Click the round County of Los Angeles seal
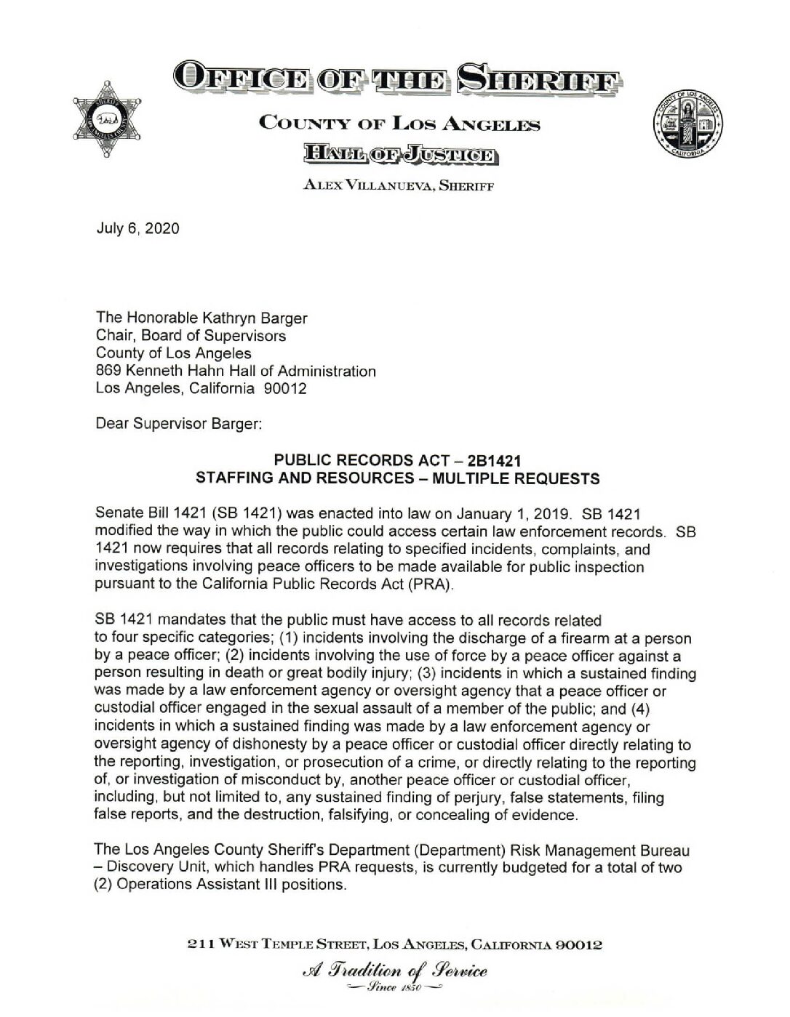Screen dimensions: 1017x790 tap(688, 124)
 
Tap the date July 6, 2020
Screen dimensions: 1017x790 tap(137, 228)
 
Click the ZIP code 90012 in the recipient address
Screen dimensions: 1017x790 tap(284, 389)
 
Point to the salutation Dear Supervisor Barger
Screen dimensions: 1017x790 tap(178, 425)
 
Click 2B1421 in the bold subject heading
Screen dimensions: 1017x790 tap(492, 461)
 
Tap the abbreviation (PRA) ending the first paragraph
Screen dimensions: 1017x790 tap(431, 585)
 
